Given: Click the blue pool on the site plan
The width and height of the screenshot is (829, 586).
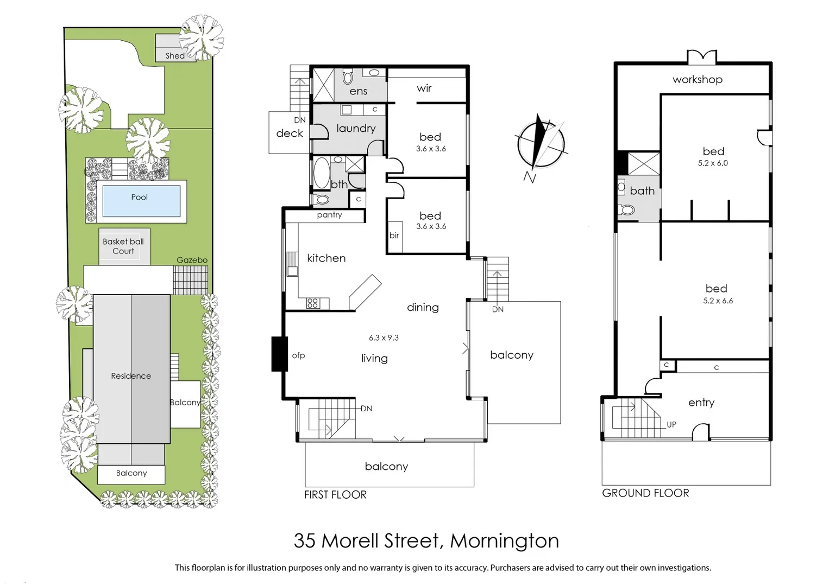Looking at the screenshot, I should [x=141, y=200].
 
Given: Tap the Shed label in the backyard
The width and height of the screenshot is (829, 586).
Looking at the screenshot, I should [x=174, y=55].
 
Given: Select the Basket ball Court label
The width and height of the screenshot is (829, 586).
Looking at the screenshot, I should [x=123, y=246].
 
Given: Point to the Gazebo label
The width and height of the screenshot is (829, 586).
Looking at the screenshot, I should [x=192, y=260].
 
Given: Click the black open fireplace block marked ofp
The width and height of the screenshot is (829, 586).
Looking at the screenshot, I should [x=279, y=354].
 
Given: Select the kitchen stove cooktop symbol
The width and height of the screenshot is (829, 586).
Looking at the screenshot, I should [x=312, y=303].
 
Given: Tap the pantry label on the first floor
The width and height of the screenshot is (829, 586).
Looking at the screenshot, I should [x=329, y=215].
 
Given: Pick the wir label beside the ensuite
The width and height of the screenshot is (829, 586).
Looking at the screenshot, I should [x=424, y=88].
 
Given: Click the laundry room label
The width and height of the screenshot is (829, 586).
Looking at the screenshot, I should [x=356, y=128].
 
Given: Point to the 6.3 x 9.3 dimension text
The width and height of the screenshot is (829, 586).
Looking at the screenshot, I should [x=384, y=337].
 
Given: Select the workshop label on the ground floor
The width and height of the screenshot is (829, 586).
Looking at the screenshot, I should [x=697, y=79].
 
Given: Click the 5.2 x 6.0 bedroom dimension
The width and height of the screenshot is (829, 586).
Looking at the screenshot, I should [x=713, y=163].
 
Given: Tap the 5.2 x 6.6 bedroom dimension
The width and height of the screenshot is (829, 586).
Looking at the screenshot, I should [x=718, y=301].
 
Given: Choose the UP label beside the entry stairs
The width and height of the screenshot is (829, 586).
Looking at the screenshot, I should [x=671, y=424].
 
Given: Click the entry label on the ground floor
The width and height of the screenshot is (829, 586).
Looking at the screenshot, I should [x=701, y=403].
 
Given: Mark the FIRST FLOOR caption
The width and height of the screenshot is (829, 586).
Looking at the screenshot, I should [x=335, y=494].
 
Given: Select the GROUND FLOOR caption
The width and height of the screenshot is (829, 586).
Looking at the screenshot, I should [x=645, y=493].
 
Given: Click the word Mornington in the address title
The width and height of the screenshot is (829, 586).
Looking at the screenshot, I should [x=504, y=541].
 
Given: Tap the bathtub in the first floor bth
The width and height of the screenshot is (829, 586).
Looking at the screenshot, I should [x=321, y=173].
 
